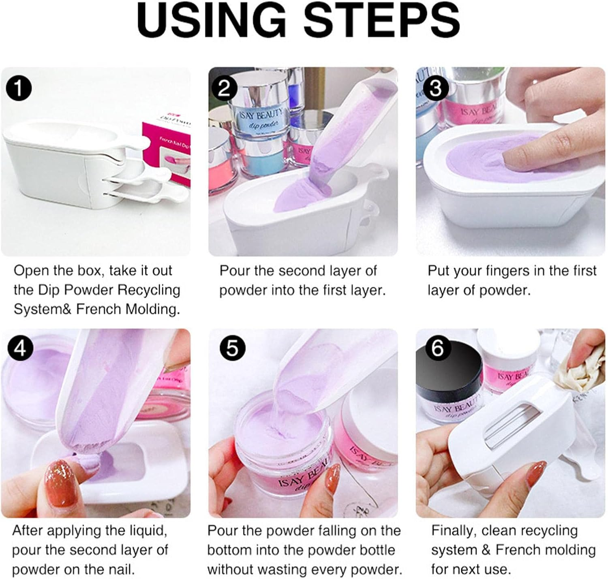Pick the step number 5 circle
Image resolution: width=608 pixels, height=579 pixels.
tap(232, 348)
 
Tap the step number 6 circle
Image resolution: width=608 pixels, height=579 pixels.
tap(437, 348)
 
